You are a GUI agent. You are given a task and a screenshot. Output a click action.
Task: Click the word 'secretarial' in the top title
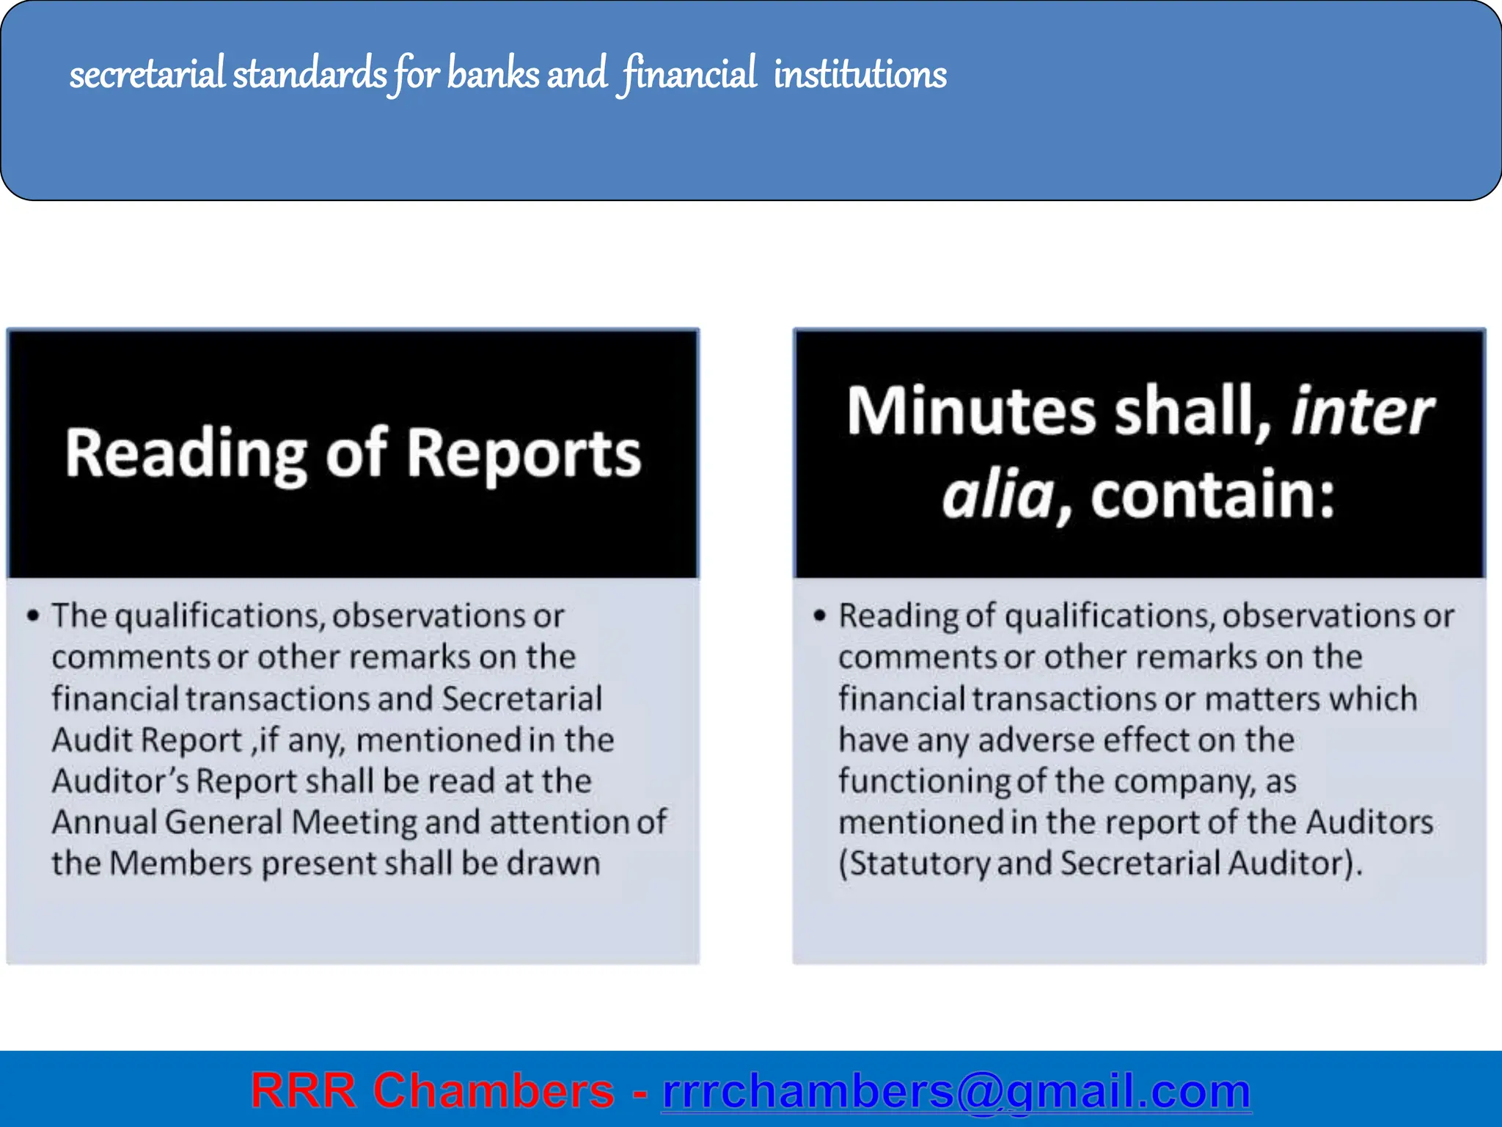tap(147, 74)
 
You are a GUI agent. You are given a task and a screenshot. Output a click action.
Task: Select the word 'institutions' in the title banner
tap(860, 74)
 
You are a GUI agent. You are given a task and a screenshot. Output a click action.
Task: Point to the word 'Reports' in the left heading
tap(524, 455)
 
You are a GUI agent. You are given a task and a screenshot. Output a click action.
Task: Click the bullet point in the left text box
tap(32, 615)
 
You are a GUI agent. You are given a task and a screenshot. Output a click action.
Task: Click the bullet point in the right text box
tap(819, 615)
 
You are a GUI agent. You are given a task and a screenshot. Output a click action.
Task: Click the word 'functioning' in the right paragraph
tap(924, 781)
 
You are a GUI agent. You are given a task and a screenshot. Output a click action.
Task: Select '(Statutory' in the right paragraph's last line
tap(914, 864)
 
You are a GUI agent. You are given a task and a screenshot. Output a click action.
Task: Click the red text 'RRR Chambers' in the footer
tap(432, 1090)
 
